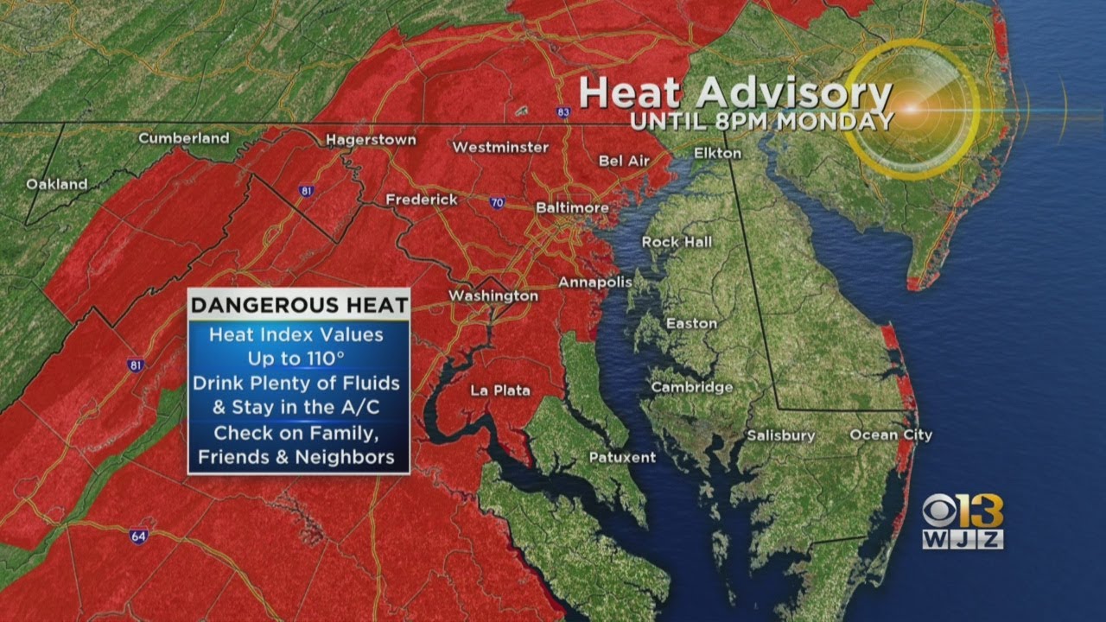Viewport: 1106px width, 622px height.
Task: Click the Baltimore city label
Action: [572, 208]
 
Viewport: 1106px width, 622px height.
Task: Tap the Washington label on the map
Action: [493, 295]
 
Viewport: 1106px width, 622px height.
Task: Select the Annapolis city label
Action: [595, 282]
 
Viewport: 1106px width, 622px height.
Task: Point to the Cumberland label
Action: [184, 137]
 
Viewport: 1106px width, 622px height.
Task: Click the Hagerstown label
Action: [371, 139]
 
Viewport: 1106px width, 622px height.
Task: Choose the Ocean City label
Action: [891, 435]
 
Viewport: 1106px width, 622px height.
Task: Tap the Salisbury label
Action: [781, 435]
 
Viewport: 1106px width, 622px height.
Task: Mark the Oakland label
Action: [57, 184]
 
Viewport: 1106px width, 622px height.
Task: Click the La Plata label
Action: [500, 390]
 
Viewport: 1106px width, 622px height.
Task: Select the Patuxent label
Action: [622, 457]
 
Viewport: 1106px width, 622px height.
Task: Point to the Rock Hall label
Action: [677, 242]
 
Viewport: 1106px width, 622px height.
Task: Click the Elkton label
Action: [717, 153]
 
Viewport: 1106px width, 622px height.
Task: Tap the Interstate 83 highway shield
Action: [563, 111]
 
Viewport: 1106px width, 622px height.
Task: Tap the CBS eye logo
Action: [942, 511]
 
